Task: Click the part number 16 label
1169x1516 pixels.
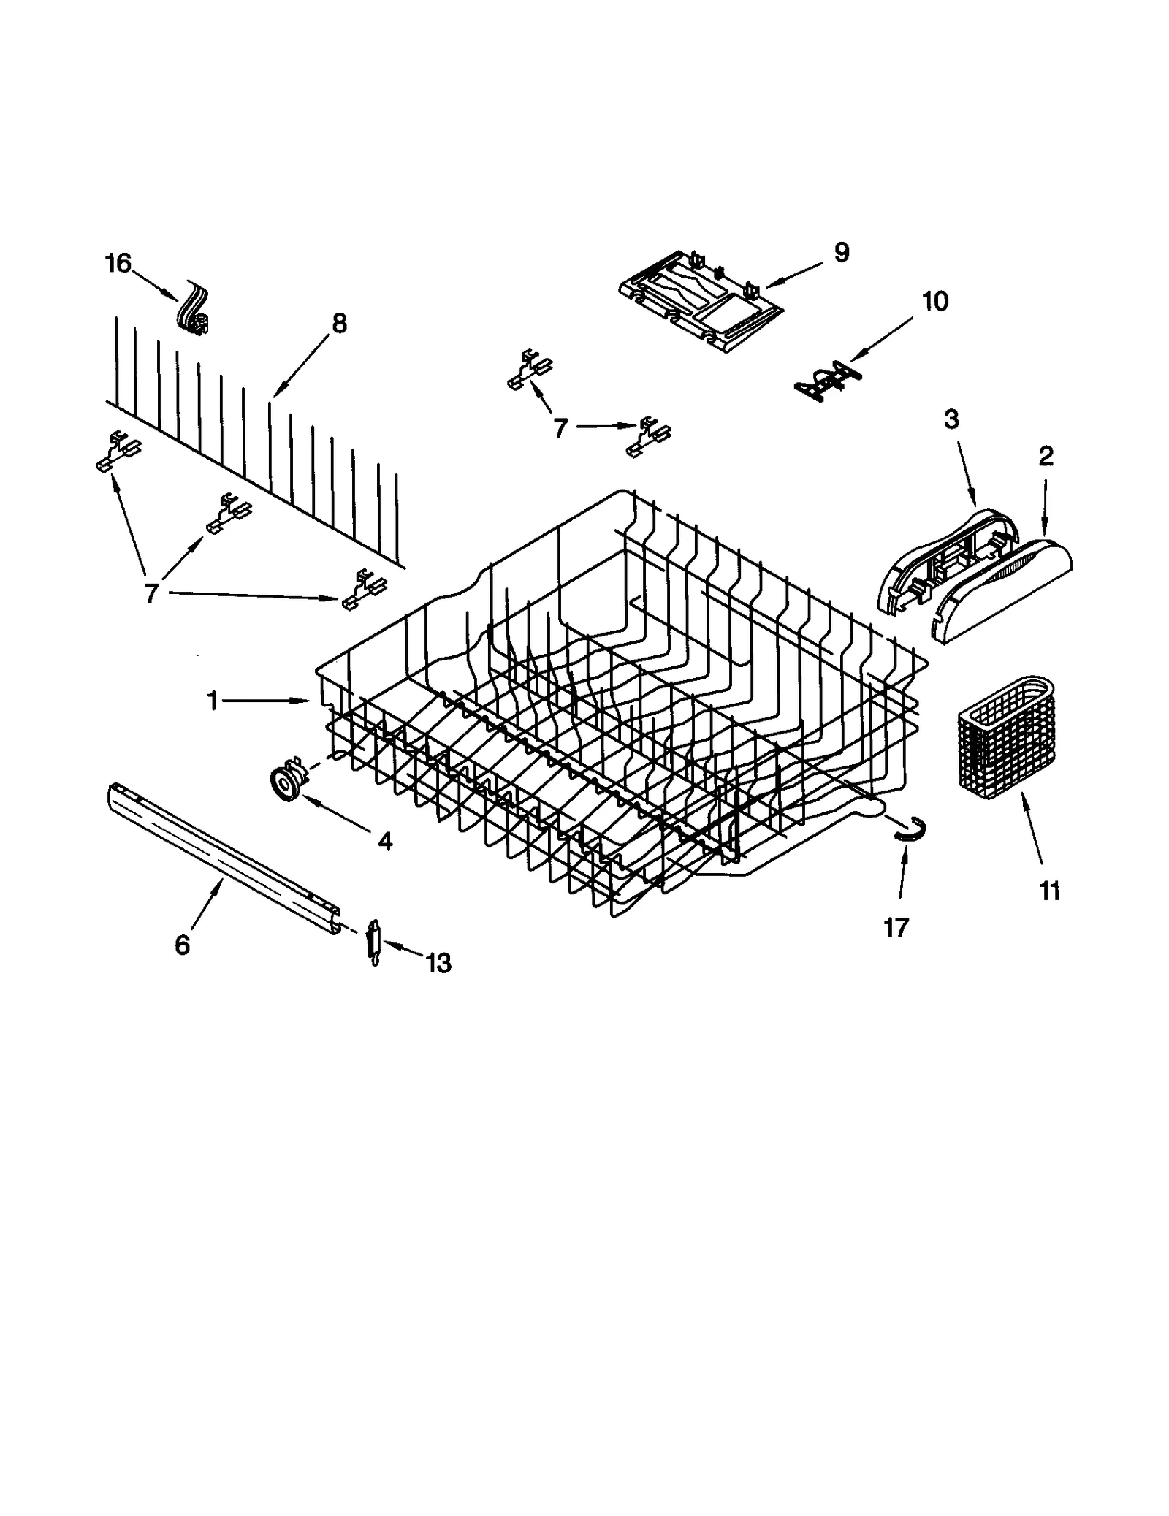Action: [x=118, y=263]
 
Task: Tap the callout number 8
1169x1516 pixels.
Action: [x=339, y=323]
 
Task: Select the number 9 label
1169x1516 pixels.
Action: [x=841, y=253]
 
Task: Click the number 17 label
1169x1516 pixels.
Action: [x=896, y=928]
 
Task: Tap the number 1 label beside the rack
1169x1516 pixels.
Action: [x=213, y=701]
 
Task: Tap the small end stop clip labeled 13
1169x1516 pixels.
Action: [x=374, y=943]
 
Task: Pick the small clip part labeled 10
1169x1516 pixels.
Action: [x=824, y=381]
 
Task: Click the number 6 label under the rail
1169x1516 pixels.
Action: [x=182, y=945]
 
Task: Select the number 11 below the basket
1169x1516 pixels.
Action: [x=1049, y=891]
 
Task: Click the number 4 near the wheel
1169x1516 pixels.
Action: [x=385, y=842]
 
